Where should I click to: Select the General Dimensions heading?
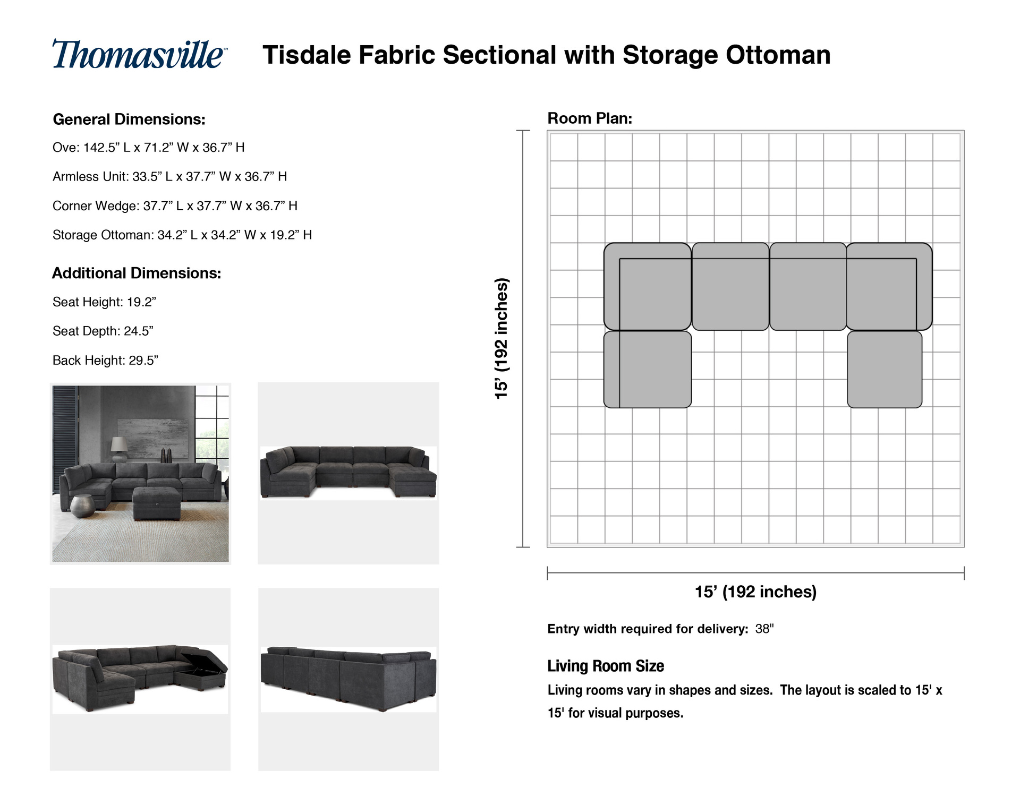click(x=129, y=119)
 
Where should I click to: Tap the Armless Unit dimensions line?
click(x=169, y=176)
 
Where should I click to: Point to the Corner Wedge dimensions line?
click(x=175, y=205)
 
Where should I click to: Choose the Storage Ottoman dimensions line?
click(x=182, y=235)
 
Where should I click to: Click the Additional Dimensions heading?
click(x=137, y=273)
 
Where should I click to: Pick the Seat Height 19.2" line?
click(x=104, y=302)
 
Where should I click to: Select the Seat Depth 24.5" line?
click(x=103, y=331)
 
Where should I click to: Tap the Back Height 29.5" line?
click(x=105, y=361)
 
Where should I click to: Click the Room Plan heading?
click(x=590, y=118)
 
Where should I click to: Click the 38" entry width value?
click(x=764, y=629)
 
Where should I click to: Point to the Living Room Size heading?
click(x=606, y=666)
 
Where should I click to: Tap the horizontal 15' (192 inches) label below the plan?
click(x=755, y=592)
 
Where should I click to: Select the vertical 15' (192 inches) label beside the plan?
click(x=501, y=338)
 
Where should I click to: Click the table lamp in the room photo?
click(x=119, y=449)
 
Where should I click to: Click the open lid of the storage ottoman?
click(x=204, y=658)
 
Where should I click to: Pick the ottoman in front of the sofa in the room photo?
click(x=157, y=503)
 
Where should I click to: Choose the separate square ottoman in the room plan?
click(x=885, y=370)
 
